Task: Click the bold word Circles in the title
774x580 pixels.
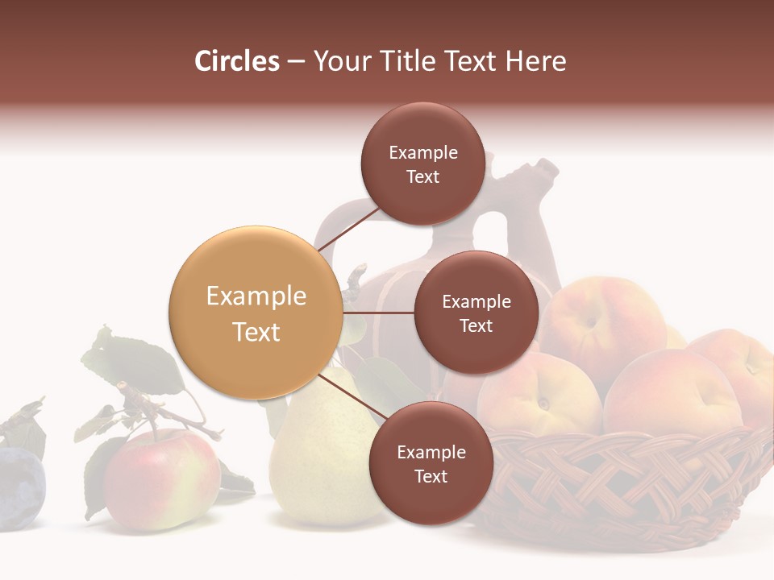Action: (x=236, y=61)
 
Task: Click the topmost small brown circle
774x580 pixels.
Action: (x=422, y=164)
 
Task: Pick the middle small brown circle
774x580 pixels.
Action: (x=476, y=313)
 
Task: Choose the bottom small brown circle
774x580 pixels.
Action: (x=431, y=463)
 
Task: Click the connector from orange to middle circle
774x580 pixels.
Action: (x=379, y=313)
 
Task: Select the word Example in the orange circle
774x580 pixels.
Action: (x=256, y=296)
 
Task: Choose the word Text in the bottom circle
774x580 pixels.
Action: (x=431, y=476)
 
